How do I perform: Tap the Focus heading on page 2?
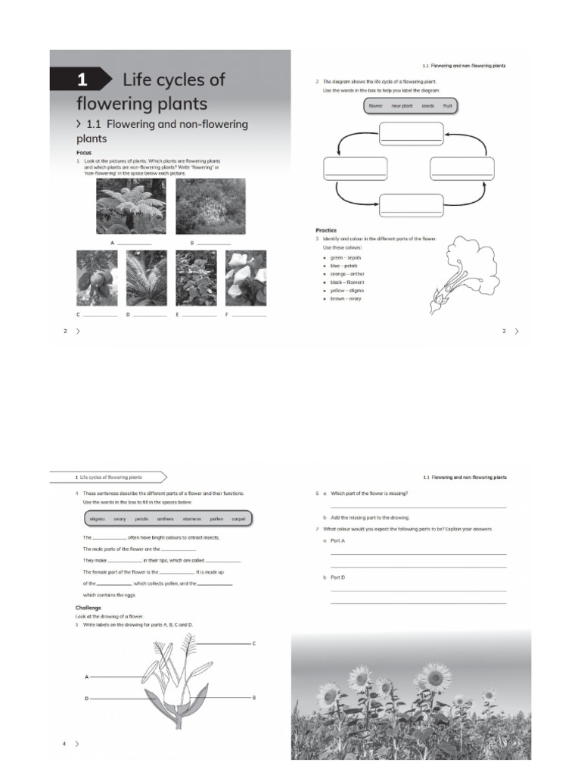tap(84, 152)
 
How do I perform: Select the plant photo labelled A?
tap(131, 206)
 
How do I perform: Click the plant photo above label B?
tap(211, 206)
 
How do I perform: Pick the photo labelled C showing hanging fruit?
tap(97, 278)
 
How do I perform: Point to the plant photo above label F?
tap(246, 278)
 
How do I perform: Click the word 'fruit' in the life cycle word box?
tap(448, 106)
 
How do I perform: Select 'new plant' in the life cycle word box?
tap(402, 106)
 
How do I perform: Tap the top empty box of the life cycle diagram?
tap(411, 132)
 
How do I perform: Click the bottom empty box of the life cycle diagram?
tap(411, 205)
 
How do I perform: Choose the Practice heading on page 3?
tap(326, 230)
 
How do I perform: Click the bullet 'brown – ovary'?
tap(346, 299)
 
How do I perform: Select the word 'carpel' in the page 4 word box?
tap(238, 519)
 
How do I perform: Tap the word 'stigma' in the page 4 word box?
tap(98, 519)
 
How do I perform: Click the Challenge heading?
tap(88, 608)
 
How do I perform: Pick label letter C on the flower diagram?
tap(253, 643)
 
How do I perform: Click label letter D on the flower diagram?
tap(86, 698)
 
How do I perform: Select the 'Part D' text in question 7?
tap(337, 577)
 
